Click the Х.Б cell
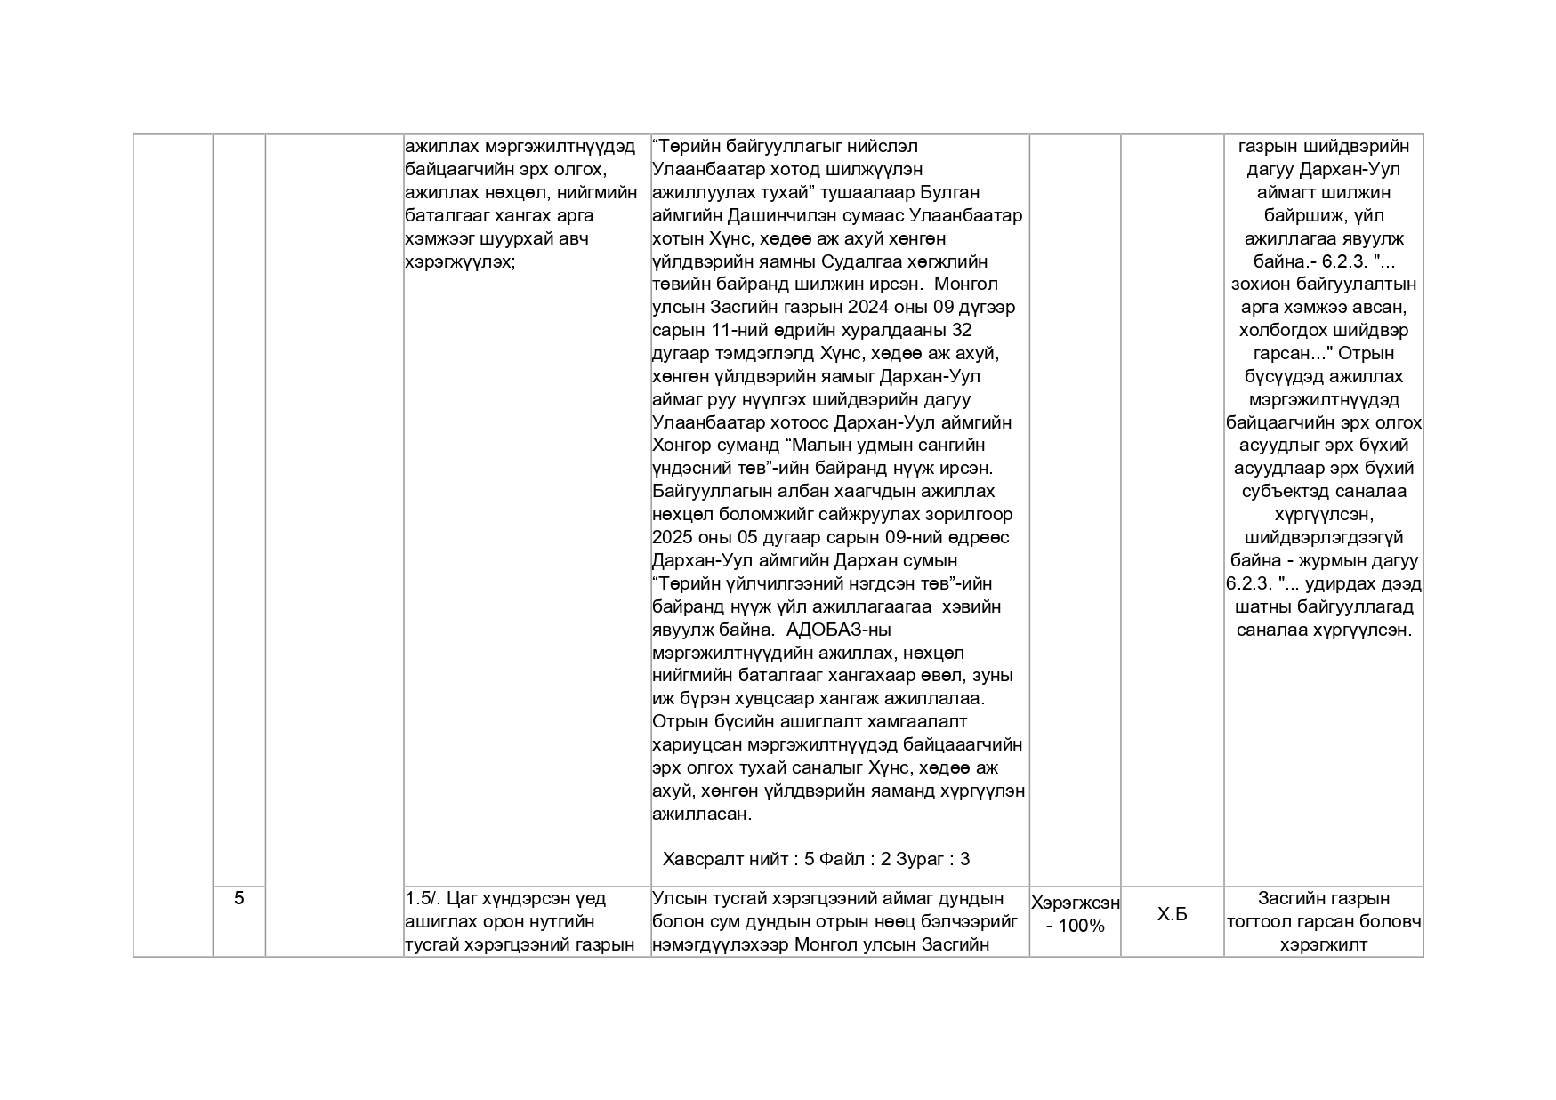[1172, 914]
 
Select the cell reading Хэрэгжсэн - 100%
[1075, 914]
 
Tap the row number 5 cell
[238, 898]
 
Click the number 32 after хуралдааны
[961, 331]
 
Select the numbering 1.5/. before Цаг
[422, 899]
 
